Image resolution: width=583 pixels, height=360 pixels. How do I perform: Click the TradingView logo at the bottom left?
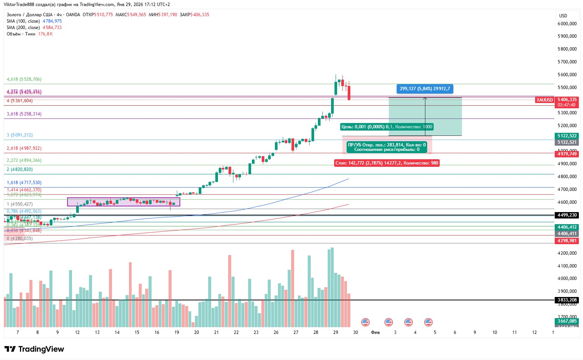pos(34,349)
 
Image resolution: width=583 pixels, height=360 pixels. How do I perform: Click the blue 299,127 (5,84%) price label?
pos(425,89)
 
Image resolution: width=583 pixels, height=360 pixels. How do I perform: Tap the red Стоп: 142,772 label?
pos(387,163)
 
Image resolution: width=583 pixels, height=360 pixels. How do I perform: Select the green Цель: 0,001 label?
pos(387,127)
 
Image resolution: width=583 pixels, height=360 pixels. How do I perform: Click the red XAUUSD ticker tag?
pos(545,100)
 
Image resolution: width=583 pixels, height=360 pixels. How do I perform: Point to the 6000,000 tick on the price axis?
pos(567,24)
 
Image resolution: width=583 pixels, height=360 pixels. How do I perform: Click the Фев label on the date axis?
pos(375,332)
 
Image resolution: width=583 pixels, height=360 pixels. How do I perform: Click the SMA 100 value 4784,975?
pos(52,21)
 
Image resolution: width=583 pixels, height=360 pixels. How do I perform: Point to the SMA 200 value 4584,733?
pos(52,28)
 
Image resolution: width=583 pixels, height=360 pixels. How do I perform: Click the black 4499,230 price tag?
pos(567,215)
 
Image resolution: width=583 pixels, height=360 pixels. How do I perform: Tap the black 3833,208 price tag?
pos(567,300)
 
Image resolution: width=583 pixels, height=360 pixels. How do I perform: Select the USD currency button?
pos(563,16)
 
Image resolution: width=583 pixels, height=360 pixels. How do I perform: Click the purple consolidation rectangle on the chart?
pos(124,202)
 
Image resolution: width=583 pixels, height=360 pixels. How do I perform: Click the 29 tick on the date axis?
pos(336,332)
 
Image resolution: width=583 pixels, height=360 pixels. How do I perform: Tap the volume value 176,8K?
pos(45,34)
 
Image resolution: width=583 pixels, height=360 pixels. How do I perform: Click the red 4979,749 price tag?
pos(567,154)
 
